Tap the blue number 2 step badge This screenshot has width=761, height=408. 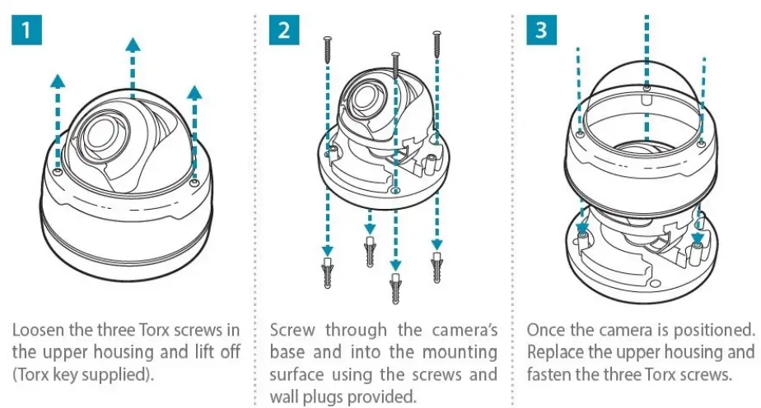pos(284,31)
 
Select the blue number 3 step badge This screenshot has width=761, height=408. pos(540,31)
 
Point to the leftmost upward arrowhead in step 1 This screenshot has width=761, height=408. pos(57,79)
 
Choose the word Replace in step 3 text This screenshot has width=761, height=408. pos(557,352)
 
